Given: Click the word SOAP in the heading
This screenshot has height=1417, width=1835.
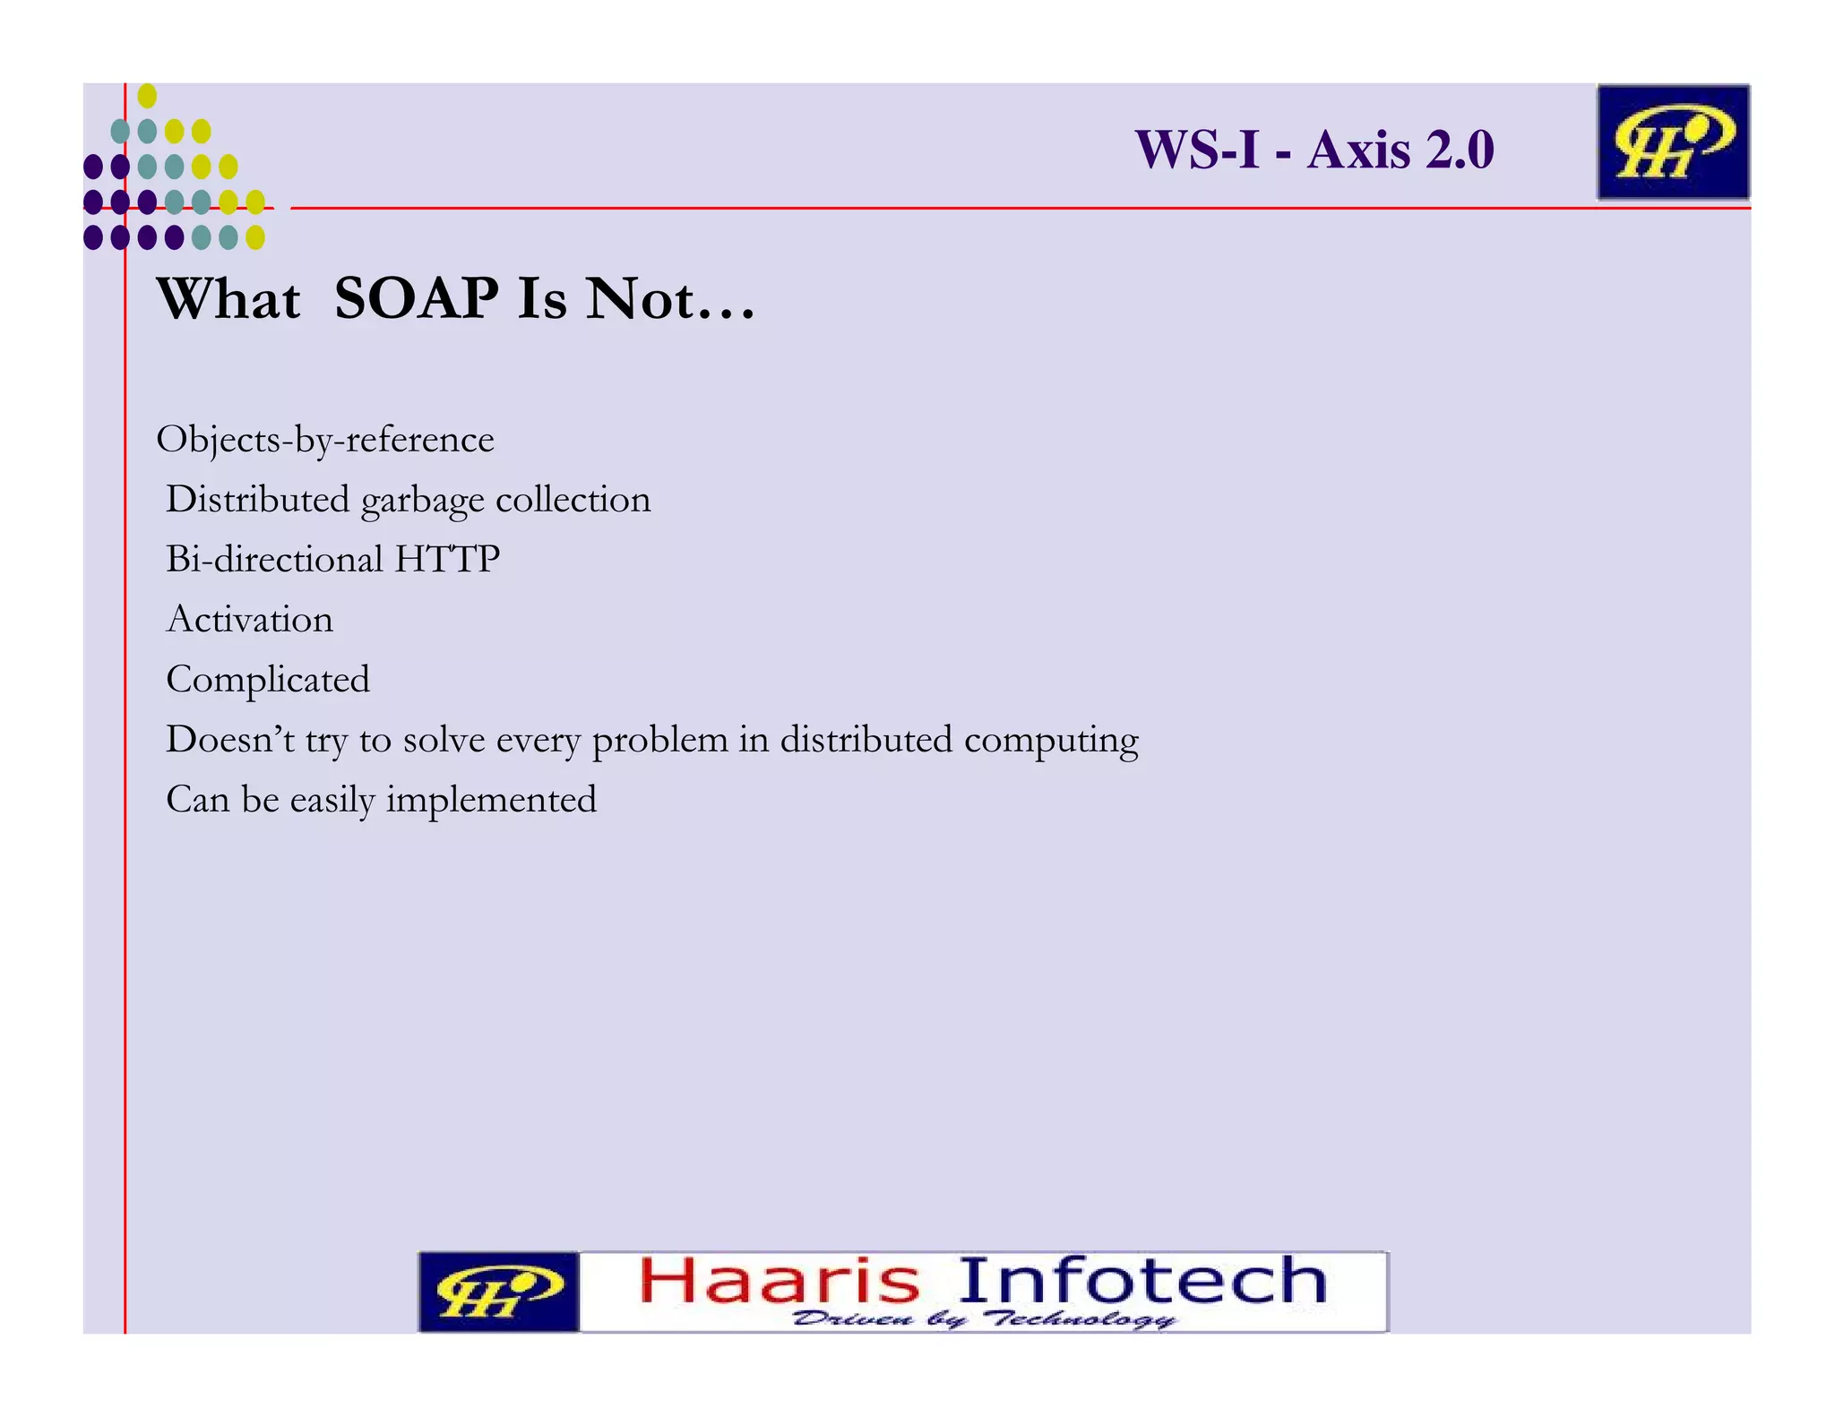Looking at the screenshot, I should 416,298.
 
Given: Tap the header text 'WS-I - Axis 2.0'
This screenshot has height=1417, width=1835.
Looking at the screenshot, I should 1314,150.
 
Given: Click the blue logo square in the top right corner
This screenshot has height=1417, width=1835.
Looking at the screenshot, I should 1672,142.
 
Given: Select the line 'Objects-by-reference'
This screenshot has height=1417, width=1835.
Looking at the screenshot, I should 325,440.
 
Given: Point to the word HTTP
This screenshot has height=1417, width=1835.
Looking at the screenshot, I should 447,560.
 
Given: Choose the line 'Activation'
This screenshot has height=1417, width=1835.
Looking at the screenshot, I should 250,620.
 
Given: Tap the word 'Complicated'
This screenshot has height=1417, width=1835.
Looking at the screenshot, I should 268,680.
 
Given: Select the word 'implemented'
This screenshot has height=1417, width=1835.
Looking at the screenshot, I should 491,800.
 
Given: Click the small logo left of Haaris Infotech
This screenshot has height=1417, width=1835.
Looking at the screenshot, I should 498,1292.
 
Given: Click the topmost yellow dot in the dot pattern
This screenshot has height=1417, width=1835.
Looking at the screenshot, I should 147,96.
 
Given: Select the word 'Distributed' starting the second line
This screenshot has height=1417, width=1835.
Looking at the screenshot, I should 257,500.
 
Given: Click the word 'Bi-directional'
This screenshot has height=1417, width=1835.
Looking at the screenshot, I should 274,560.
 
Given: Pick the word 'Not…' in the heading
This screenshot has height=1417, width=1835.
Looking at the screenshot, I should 670,298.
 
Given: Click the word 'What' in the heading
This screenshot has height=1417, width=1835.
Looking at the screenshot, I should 228,298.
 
